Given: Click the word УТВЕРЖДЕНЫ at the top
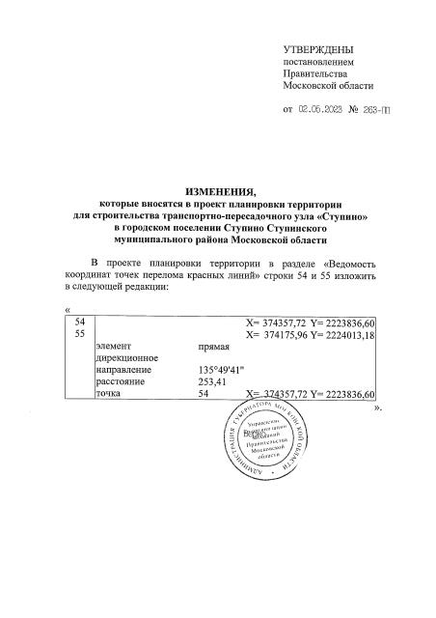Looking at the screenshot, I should coord(318,48).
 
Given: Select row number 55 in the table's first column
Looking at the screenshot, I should coord(82,334).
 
